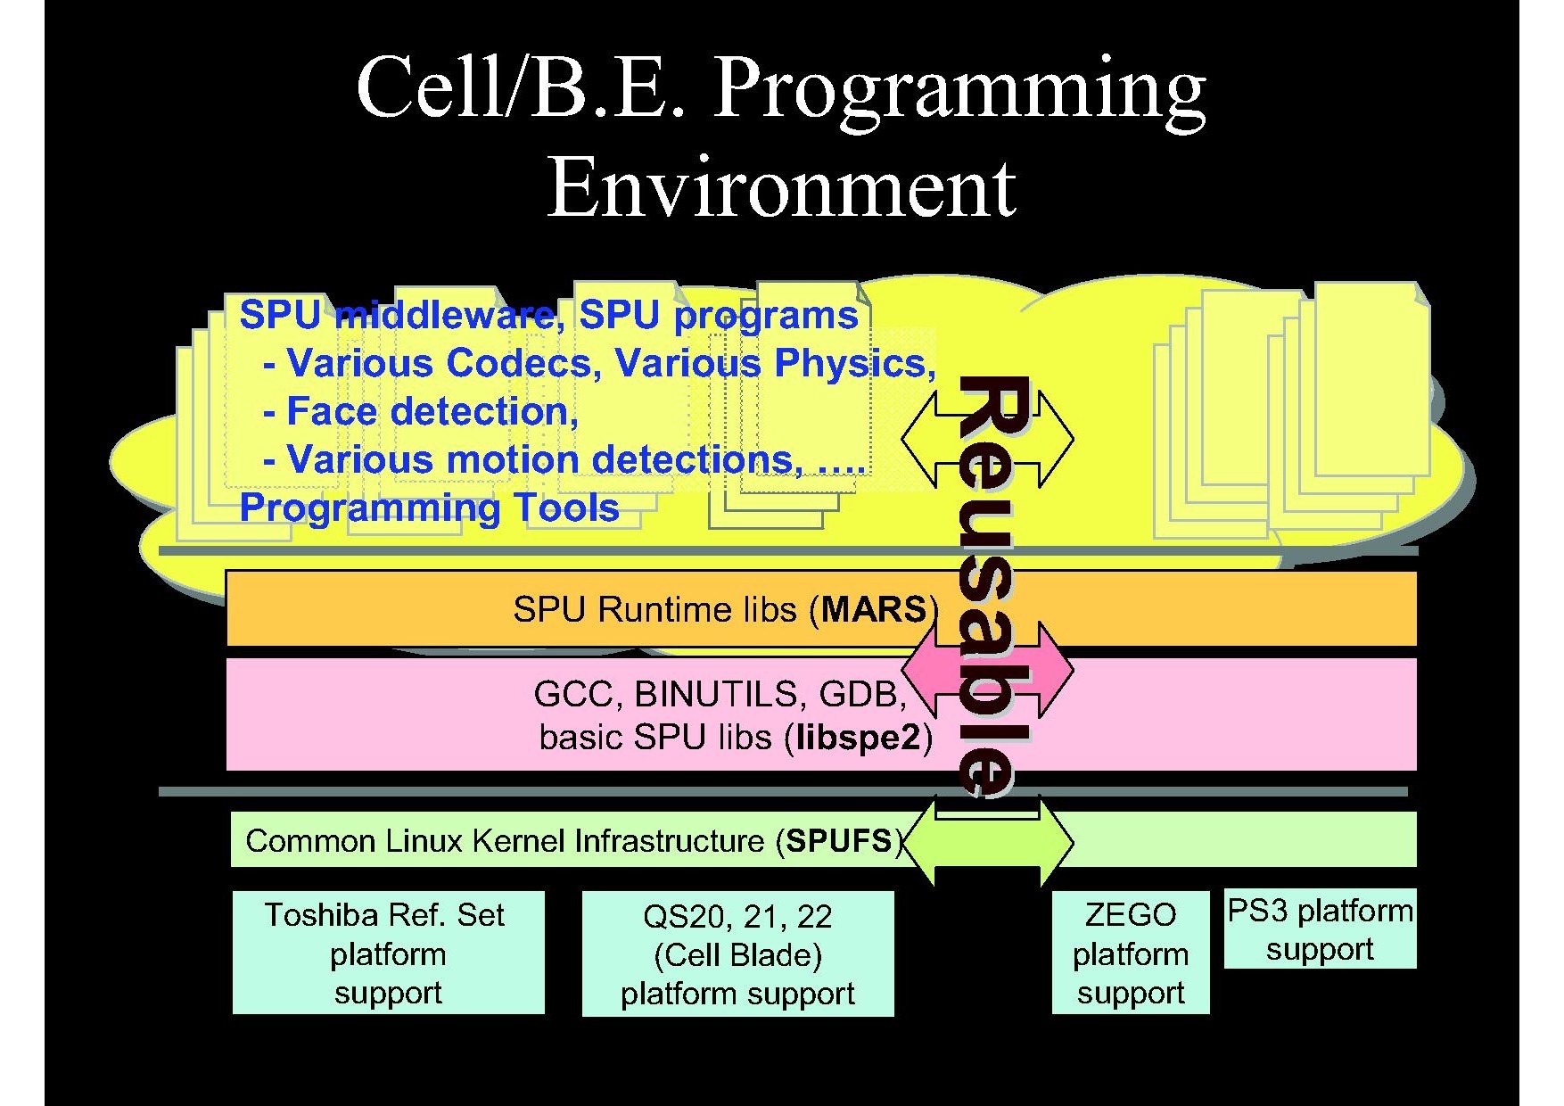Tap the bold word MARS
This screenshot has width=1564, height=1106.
pos(874,609)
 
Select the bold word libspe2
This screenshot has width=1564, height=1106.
pos(858,738)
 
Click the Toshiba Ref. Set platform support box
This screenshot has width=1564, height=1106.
pos(389,953)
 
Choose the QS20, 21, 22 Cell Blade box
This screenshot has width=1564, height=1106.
pos(737,953)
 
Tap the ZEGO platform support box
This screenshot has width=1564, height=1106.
pos(1131,953)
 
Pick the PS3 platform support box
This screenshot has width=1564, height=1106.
pos(1321,929)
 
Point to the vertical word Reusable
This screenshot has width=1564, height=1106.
pos(991,584)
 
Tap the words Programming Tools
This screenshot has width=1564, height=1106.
pos(430,508)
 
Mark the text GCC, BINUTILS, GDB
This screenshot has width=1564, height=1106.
pos(720,694)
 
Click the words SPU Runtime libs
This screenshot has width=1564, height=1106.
pos(654,609)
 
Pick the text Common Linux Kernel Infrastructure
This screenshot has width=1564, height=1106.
pos(505,840)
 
